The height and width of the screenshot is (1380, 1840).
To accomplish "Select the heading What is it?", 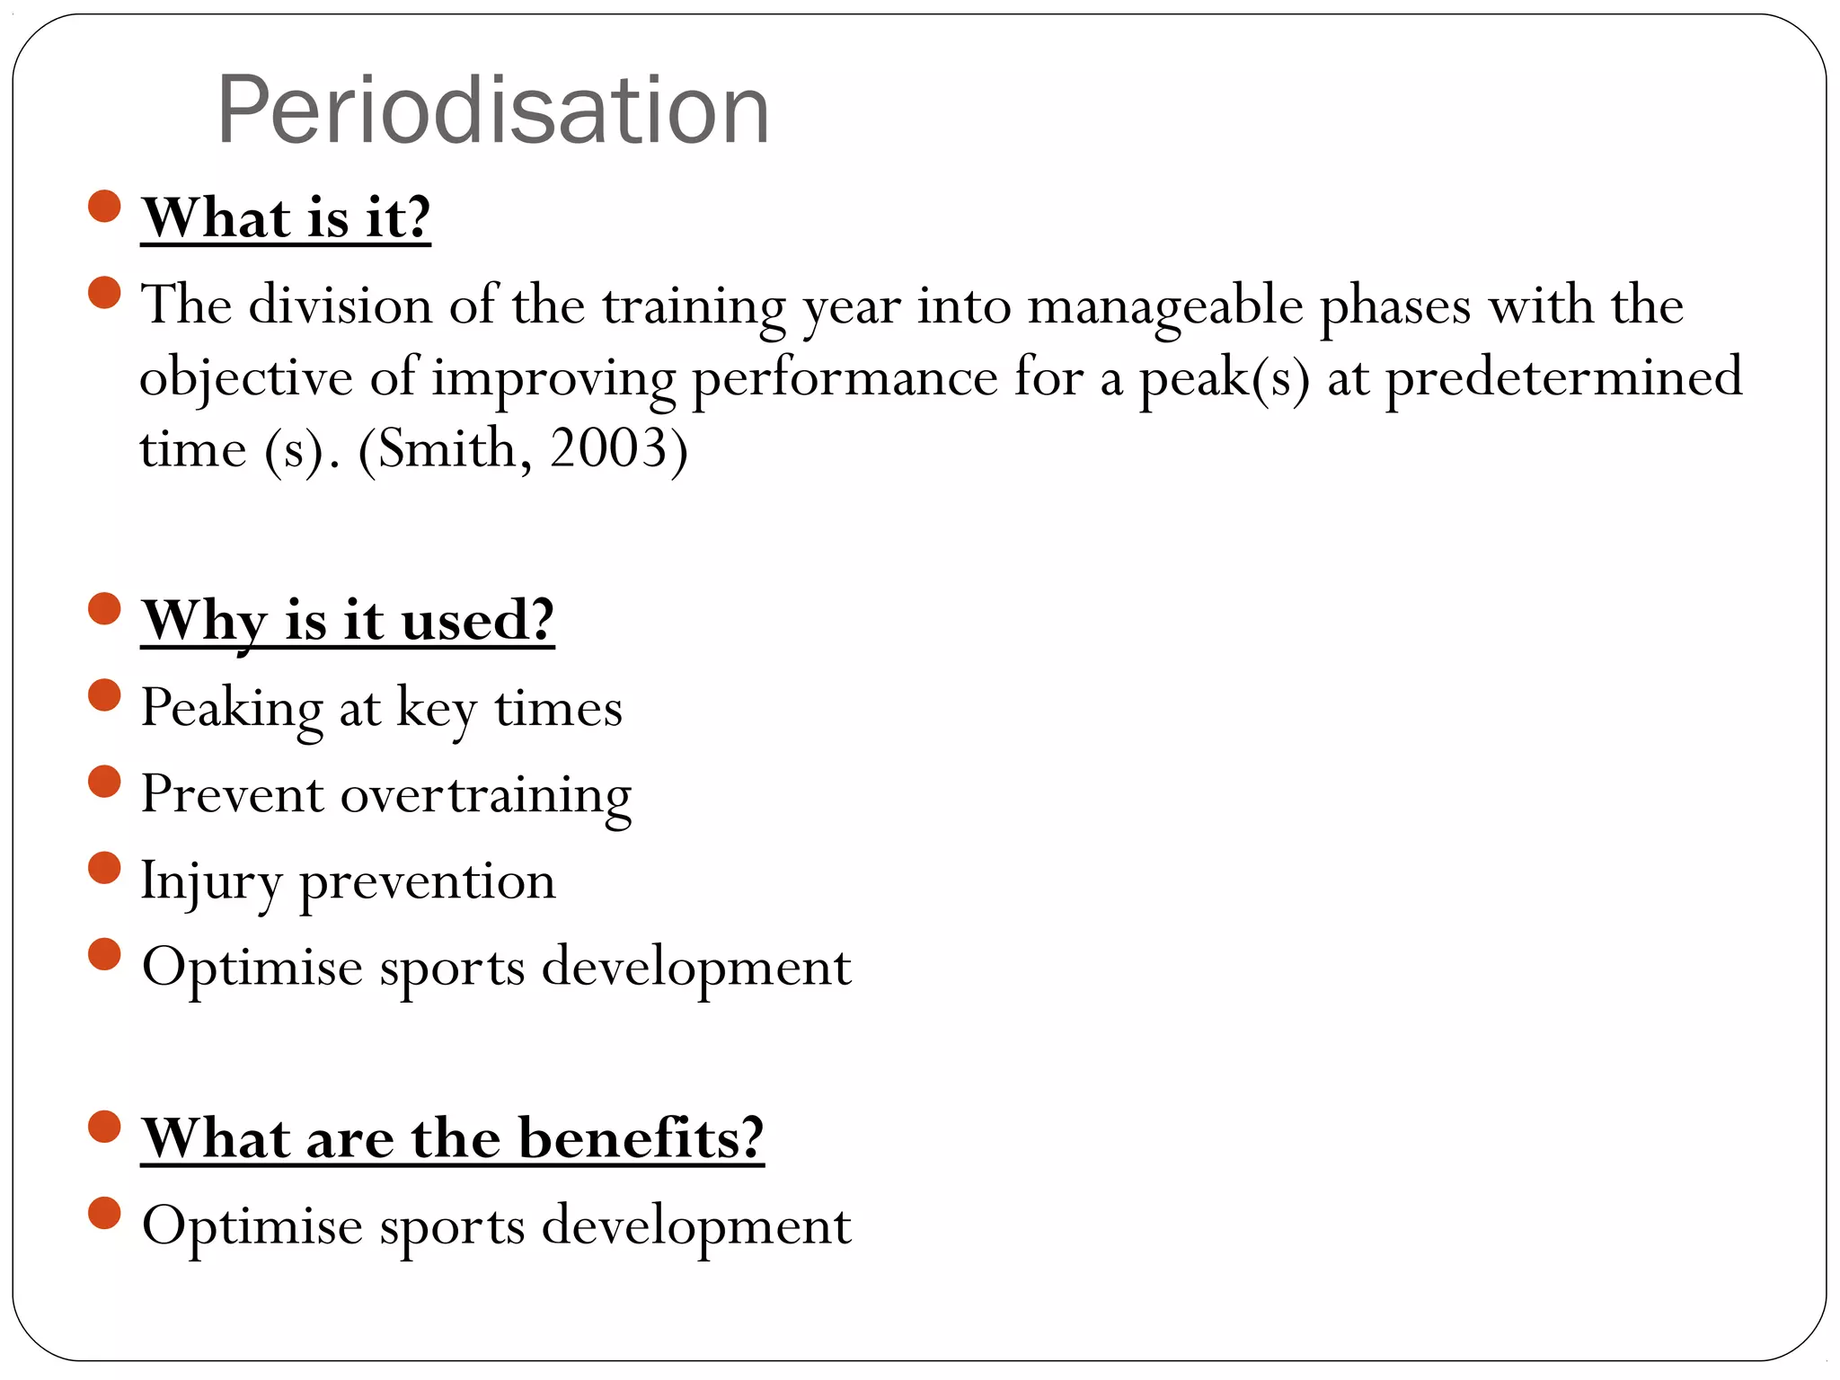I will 286,217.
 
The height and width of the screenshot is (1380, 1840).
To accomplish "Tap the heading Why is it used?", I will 348,620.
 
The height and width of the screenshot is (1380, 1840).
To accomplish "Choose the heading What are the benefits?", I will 453,1137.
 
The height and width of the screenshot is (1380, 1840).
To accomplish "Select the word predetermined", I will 1564,377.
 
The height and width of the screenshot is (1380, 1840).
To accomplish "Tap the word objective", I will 246,377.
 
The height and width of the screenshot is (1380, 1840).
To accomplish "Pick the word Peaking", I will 232,708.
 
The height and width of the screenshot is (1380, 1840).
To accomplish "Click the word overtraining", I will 486,795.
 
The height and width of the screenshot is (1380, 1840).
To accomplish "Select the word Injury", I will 212,881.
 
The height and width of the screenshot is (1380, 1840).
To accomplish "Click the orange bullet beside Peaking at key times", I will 105,695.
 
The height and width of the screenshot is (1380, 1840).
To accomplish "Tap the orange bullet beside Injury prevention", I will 105,869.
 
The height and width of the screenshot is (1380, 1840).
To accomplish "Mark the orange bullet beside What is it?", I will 105,206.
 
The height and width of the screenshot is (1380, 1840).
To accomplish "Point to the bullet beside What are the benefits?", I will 105,1127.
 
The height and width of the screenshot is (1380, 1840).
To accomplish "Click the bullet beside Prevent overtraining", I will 105,782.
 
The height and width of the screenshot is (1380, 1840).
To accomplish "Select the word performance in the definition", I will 845,377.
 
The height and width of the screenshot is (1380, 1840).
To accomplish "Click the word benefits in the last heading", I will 641,1137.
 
